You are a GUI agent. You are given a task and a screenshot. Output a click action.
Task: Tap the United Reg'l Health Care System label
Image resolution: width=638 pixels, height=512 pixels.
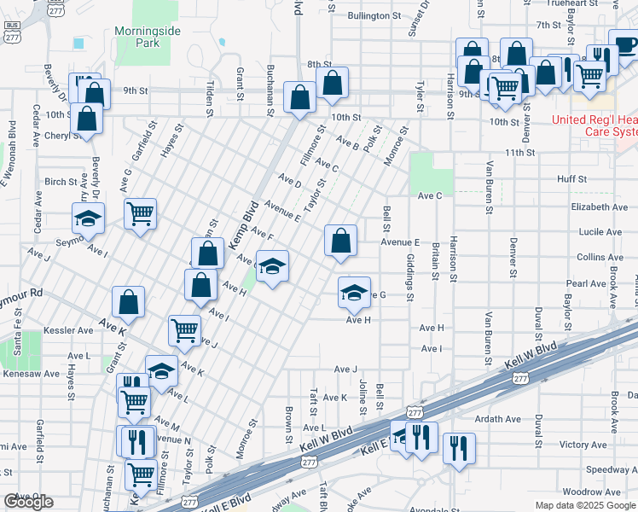tap(594, 125)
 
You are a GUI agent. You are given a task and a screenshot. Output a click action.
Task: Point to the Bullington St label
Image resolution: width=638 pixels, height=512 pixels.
tap(374, 15)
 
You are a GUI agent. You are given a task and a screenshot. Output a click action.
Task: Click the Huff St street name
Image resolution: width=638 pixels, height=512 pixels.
tap(571, 179)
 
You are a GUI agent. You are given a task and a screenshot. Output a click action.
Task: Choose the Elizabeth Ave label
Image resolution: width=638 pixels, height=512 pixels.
tap(600, 207)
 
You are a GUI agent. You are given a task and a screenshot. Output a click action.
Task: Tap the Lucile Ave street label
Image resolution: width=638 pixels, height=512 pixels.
tap(600, 231)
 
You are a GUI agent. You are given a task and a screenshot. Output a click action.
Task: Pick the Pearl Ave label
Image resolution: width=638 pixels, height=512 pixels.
tap(585, 283)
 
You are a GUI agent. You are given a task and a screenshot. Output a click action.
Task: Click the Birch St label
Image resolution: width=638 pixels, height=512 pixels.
tap(61, 181)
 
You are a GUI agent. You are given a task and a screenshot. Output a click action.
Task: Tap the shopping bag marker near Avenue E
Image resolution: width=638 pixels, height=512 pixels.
tap(340, 241)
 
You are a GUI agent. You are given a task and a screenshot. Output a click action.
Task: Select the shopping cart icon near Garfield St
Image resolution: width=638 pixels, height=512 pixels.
tap(140, 213)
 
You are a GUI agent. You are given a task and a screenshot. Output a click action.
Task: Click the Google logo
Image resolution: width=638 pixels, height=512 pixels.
tap(29, 502)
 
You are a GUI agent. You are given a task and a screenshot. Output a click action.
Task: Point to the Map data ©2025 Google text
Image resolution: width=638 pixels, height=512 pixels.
tap(585, 505)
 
